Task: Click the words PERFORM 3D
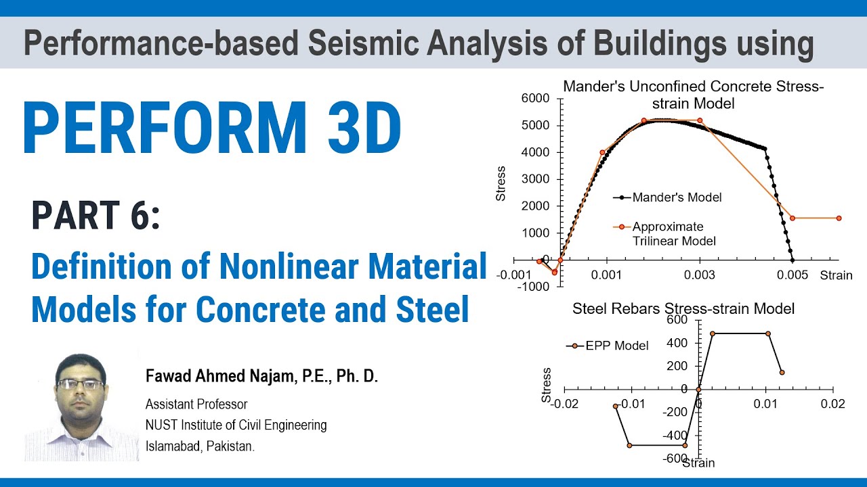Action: tap(212, 129)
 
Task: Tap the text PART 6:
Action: tap(96, 216)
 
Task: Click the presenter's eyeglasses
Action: tap(81, 384)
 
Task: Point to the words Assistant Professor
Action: tap(196, 404)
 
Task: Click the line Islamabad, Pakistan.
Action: tap(200, 446)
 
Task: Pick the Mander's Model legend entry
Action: tap(677, 198)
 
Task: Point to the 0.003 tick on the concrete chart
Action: tap(699, 275)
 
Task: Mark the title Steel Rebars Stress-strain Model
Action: tap(683, 309)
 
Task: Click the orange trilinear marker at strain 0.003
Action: tap(700, 121)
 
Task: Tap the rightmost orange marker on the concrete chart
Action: tap(839, 218)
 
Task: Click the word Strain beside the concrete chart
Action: tap(836, 275)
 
